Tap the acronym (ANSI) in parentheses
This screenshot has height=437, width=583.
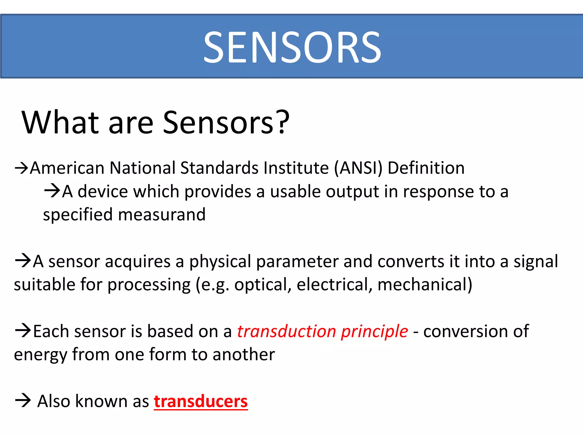(358, 168)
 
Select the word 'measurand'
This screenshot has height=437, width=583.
(162, 215)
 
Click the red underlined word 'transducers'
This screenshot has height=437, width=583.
(201, 401)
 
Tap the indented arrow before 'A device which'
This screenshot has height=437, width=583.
(52, 191)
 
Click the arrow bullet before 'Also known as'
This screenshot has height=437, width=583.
(23, 401)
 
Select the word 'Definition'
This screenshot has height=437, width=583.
(426, 168)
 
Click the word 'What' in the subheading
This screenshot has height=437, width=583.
(60, 122)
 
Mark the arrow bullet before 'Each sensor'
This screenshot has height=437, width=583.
(23, 331)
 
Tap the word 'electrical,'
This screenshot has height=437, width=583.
(334, 285)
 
